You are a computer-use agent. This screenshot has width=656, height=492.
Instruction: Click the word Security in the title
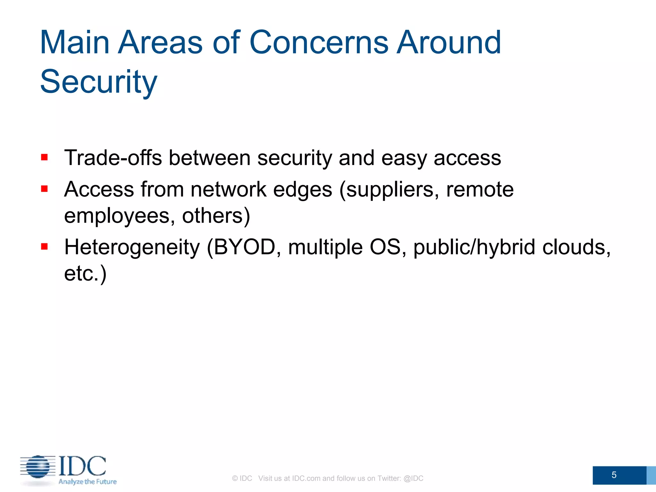coord(99,82)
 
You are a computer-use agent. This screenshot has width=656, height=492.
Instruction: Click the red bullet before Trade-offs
coord(45,157)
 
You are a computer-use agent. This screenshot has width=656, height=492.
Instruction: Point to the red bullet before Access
coord(45,189)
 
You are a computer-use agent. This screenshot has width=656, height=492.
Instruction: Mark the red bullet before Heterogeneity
coord(45,246)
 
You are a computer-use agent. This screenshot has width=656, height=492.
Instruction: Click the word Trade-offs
coord(113,158)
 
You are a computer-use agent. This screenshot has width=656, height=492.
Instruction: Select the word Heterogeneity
coord(132,247)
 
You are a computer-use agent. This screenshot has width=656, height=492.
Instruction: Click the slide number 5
coord(614,475)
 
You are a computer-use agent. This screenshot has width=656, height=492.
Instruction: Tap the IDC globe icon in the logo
coord(38,466)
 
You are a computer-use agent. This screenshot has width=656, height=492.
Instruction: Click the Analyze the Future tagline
coord(87,482)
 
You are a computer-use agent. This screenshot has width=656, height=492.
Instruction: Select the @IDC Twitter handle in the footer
coord(413,478)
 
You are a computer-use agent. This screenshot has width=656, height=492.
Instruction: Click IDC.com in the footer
coord(306,478)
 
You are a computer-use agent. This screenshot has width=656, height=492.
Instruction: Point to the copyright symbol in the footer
coord(235,478)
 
